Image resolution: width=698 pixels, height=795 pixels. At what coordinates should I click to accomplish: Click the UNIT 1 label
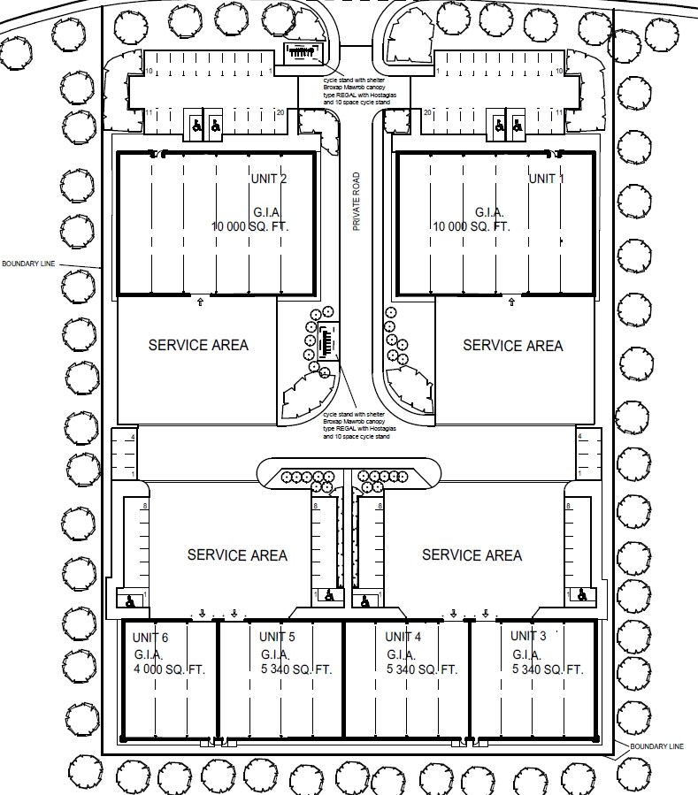[546, 179]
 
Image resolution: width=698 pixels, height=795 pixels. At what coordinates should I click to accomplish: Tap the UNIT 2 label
[270, 180]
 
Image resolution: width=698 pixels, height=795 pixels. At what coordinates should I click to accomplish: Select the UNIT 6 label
[150, 638]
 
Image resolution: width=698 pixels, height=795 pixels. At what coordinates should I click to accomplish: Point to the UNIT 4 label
[404, 637]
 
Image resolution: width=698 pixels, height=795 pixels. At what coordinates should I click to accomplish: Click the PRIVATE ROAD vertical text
[357, 202]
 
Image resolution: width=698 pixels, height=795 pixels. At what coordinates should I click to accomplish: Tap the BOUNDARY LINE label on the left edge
[27, 264]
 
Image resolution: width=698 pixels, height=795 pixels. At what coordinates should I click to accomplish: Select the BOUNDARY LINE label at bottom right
[656, 746]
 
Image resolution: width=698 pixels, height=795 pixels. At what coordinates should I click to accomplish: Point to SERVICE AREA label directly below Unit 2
[198, 345]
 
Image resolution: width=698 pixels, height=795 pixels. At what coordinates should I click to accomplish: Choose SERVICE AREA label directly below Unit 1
[513, 345]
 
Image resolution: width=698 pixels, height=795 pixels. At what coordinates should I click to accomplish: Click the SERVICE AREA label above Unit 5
[237, 555]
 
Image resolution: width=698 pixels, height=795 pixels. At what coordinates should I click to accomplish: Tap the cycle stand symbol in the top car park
[302, 54]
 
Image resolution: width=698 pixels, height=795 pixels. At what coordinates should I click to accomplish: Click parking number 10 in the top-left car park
[150, 71]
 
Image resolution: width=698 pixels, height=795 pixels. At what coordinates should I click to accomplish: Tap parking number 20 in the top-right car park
[427, 112]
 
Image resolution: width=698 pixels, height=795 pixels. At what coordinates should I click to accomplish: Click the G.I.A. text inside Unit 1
[489, 212]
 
